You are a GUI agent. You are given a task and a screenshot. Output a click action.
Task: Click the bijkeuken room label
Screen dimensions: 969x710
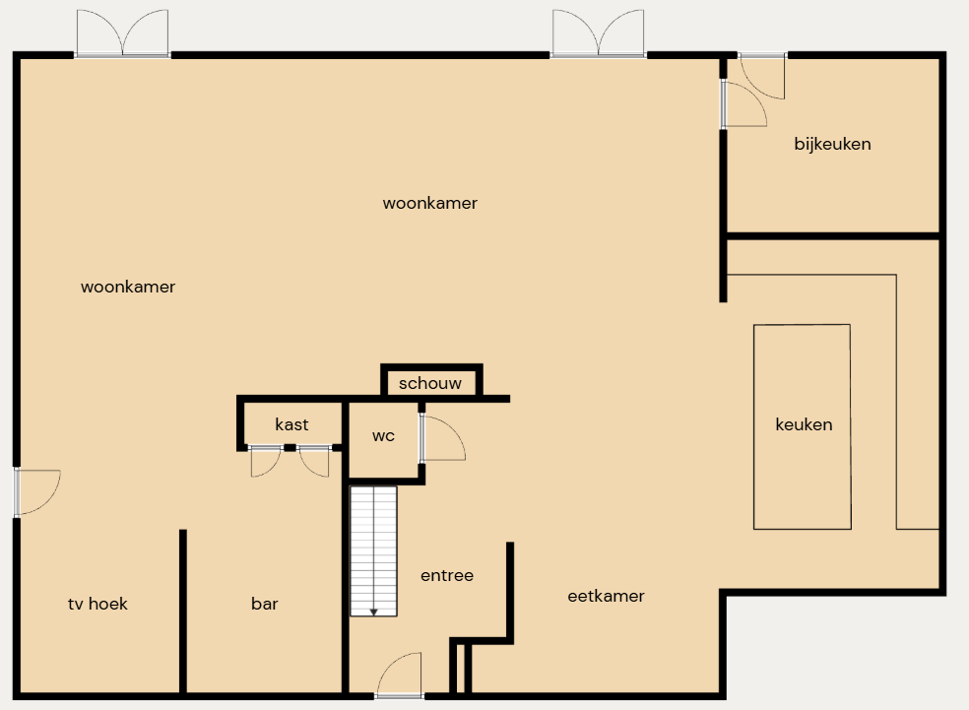click(x=832, y=144)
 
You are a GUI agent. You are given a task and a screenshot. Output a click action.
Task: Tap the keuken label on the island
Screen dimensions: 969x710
click(x=804, y=424)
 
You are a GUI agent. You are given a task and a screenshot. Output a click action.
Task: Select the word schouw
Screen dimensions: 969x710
click(x=430, y=383)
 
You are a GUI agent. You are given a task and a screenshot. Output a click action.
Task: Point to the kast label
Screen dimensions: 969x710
click(x=291, y=424)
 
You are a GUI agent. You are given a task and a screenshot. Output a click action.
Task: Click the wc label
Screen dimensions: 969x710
click(x=383, y=435)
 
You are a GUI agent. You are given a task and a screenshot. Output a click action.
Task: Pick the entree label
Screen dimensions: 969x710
click(x=447, y=575)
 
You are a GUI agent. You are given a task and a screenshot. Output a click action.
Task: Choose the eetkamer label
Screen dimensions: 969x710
click(x=606, y=596)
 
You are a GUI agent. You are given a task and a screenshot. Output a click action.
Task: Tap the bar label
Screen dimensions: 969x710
click(x=265, y=603)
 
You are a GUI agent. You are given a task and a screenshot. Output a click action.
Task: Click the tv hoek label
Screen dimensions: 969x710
click(x=97, y=603)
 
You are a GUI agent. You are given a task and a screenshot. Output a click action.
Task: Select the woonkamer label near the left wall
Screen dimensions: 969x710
click(x=128, y=287)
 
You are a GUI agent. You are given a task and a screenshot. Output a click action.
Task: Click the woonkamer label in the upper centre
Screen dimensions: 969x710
click(x=430, y=203)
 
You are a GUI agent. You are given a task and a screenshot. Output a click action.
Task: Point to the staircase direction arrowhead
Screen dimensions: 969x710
click(x=374, y=613)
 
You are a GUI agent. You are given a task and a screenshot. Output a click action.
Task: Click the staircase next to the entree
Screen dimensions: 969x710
click(x=373, y=551)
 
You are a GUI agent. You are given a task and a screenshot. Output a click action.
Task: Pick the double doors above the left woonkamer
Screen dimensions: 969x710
click(x=122, y=33)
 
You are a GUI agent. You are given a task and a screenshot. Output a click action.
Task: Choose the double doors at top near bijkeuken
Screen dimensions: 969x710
click(x=598, y=33)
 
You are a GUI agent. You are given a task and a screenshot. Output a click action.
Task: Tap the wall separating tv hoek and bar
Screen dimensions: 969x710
click(x=183, y=612)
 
